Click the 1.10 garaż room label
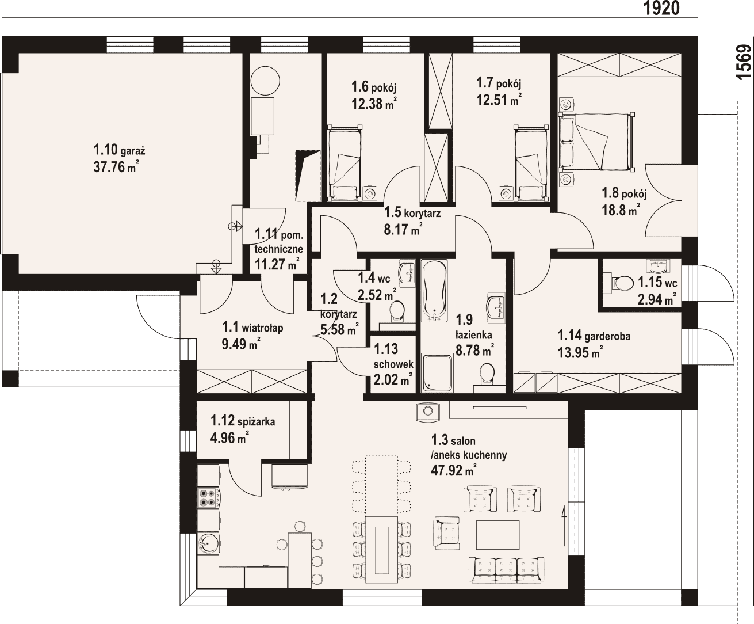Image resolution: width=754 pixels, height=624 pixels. click(x=119, y=149)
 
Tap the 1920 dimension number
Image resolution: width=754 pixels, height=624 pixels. click(x=661, y=8)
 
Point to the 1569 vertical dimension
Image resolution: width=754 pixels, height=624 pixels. click(x=744, y=62)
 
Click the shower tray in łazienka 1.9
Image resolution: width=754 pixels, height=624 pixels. click(x=438, y=374)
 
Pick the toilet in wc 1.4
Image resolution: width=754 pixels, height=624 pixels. click(x=397, y=311)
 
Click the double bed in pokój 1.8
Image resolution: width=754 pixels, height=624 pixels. click(x=596, y=142)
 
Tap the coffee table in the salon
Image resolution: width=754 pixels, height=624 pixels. click(x=497, y=535)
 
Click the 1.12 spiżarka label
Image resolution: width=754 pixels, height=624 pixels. click(x=243, y=421)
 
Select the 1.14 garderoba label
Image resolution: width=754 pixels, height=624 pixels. click(x=594, y=336)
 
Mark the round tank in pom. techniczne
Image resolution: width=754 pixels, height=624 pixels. click(x=265, y=81)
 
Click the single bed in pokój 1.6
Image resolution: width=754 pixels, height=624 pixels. click(x=345, y=163)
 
